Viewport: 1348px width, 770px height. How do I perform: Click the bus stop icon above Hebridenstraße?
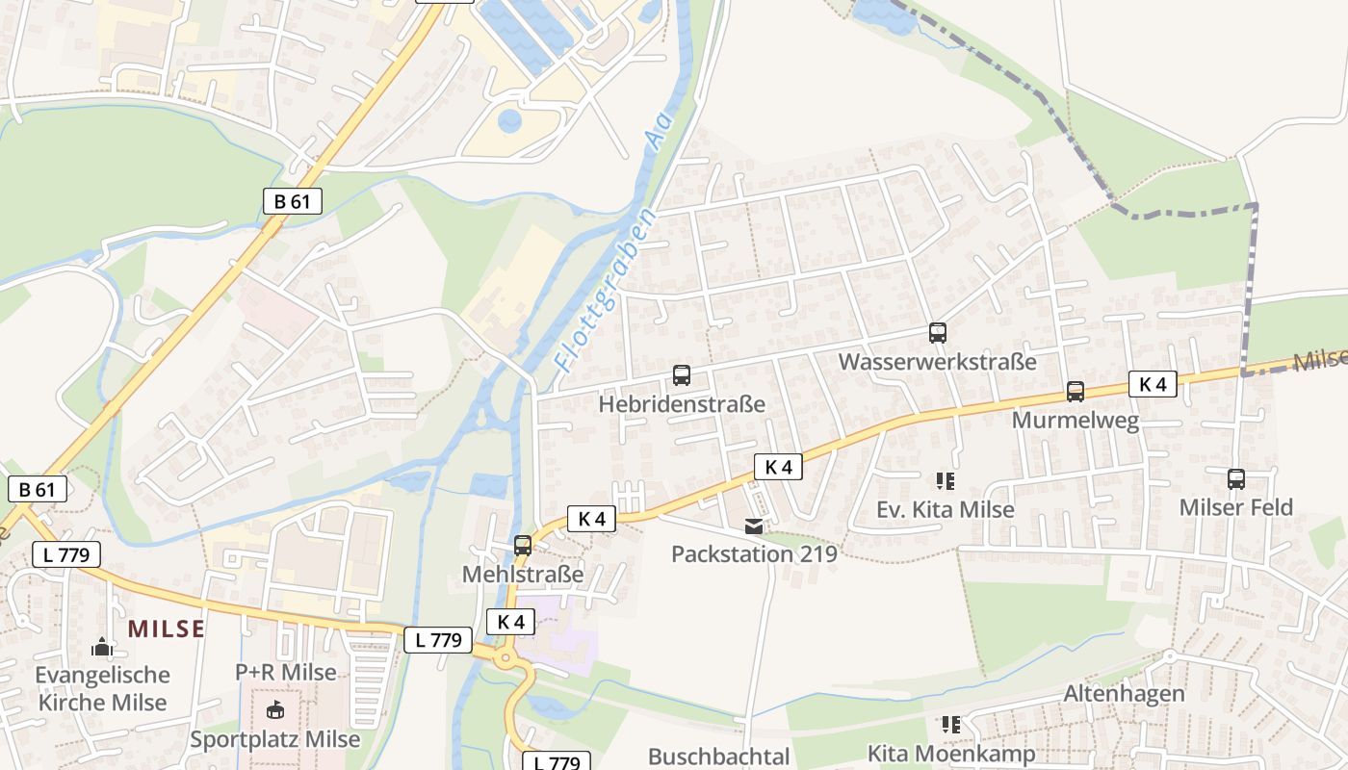click(682, 375)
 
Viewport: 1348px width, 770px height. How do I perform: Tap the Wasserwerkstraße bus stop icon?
click(938, 333)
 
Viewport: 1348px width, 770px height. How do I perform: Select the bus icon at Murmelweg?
click(1076, 392)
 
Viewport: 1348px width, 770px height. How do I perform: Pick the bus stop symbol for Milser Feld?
click(1236, 478)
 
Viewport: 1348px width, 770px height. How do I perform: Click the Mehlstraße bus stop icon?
click(523, 546)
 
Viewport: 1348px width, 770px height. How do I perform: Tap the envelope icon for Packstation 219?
click(753, 526)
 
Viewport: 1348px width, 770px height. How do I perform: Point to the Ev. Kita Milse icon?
click(946, 480)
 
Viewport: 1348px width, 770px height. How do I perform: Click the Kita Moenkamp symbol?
click(951, 725)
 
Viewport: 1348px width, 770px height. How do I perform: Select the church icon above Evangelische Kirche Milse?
click(102, 647)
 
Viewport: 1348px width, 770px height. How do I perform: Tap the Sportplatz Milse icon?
click(275, 711)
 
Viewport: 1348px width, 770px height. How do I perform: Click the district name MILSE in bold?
click(167, 629)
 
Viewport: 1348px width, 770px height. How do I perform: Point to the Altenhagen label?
click(1124, 694)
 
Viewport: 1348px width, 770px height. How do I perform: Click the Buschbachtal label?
click(719, 757)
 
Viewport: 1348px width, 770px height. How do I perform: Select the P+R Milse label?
click(286, 672)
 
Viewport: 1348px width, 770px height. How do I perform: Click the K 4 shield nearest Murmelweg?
click(1153, 384)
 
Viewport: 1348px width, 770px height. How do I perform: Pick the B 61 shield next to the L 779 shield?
click(38, 489)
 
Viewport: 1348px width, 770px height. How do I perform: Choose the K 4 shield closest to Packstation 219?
click(778, 467)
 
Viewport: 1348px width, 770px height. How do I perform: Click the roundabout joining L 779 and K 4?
click(505, 660)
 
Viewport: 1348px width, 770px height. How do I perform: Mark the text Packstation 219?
click(754, 554)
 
